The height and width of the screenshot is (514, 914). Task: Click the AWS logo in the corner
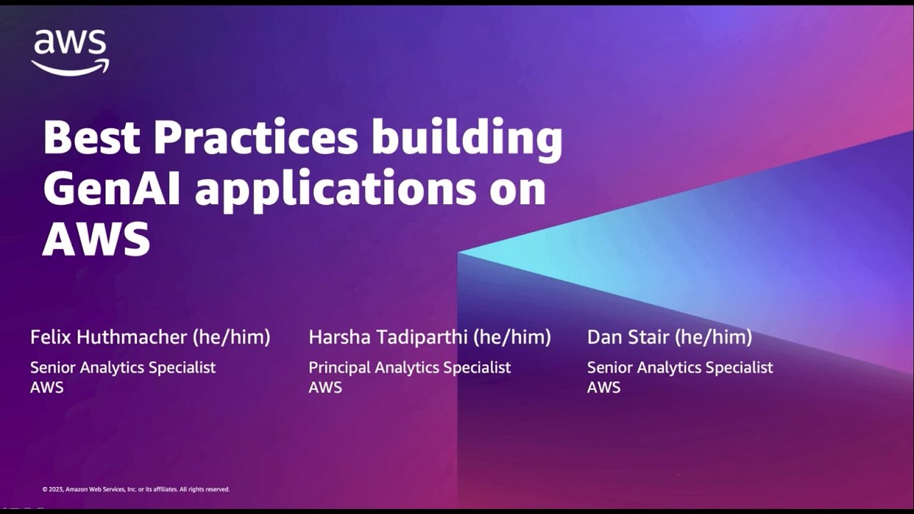tap(70, 51)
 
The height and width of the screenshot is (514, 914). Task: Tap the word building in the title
tap(466, 138)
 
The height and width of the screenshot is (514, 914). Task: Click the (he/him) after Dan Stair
tap(713, 337)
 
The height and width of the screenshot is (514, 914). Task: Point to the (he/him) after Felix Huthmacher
tap(231, 337)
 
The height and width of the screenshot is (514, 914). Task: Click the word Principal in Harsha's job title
tap(339, 368)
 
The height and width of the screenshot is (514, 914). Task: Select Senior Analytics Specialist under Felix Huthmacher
tap(123, 368)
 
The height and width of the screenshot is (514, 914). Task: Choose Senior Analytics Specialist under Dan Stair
tap(680, 368)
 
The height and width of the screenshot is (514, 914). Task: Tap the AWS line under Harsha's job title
tap(325, 388)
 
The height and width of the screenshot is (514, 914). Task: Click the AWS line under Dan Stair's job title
tap(603, 388)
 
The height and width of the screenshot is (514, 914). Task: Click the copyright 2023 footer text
tap(136, 490)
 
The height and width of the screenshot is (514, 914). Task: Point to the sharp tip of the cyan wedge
tap(460, 253)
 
